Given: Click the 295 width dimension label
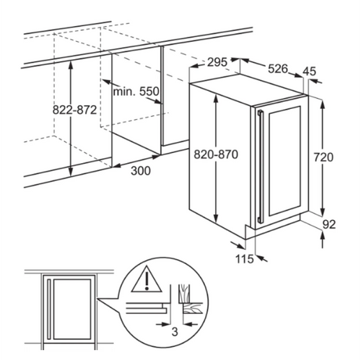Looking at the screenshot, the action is pos(217,62).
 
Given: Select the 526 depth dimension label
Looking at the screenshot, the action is pos(278,69).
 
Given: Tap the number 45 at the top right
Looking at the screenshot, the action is pos(309,71).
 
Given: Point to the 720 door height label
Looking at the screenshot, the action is pos(323,157).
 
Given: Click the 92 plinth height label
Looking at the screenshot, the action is pos(329,224).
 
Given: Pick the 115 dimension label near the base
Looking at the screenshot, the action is pos(244,259).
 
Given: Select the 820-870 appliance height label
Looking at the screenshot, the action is pos(216,154).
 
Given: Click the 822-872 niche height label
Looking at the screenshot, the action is pos(74,110).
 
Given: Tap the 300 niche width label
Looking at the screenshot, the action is pos(141,171).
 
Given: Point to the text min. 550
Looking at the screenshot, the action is pos(136,92).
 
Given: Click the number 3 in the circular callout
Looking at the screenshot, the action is pos(175,332).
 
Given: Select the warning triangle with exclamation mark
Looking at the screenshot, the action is pos(147,279).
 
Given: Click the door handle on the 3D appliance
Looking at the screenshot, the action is pos(260,167).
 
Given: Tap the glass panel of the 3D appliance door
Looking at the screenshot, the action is pos(284,161).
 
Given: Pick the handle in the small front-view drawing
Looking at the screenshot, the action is pos(49,309).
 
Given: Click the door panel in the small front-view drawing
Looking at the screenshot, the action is pos(72,309).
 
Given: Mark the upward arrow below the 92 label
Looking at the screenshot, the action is pos(323,239).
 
